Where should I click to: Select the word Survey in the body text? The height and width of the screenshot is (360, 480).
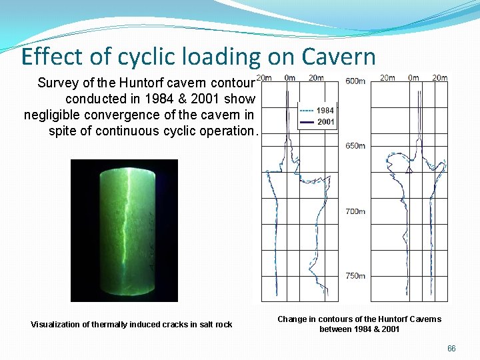point(58,83)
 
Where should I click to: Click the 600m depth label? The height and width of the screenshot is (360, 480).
point(355,81)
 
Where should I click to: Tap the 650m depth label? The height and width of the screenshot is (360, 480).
point(355,146)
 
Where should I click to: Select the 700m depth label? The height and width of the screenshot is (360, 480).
point(355,211)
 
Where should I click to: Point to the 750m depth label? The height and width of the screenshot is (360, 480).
point(355,275)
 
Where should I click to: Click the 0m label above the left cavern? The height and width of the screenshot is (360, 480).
point(290,78)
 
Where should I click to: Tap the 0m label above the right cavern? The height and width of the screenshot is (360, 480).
point(413,78)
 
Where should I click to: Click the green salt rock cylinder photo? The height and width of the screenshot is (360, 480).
point(125,230)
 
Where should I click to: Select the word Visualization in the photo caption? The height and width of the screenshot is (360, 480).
point(55,325)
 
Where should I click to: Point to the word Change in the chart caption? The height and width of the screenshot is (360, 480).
point(292,319)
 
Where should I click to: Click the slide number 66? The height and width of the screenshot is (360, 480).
point(451,349)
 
